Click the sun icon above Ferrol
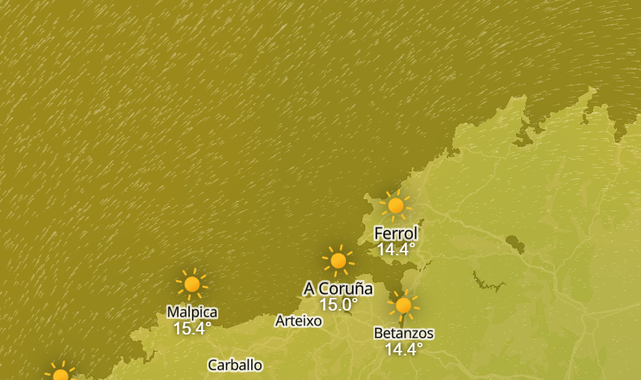coord(396,205)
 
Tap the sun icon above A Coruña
coord(338,261)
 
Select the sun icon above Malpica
coord(192,284)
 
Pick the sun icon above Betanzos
coord(403,305)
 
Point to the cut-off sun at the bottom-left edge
coord(61,375)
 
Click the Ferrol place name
coord(396,234)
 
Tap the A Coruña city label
coord(338,288)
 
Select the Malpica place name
coord(192,312)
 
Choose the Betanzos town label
coord(403,333)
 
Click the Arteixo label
coord(299,321)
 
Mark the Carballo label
coord(235,365)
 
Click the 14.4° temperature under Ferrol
coord(396,250)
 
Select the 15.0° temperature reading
coord(338,305)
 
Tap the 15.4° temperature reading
coord(192,328)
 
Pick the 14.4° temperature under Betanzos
coord(403,349)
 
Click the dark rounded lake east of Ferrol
coord(515,243)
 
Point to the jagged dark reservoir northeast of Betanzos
coord(488,281)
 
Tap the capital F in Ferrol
coord(379,234)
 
